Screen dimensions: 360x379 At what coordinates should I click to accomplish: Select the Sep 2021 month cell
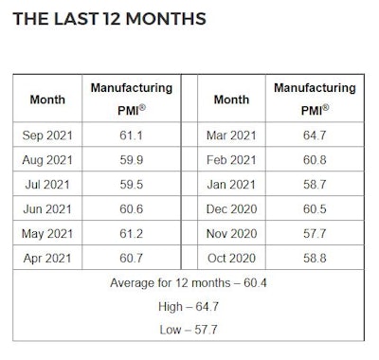click(47, 136)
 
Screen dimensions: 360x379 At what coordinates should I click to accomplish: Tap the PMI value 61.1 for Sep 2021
click(131, 136)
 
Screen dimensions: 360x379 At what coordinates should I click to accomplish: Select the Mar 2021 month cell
click(231, 136)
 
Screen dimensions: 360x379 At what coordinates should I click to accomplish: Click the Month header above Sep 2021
click(47, 98)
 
